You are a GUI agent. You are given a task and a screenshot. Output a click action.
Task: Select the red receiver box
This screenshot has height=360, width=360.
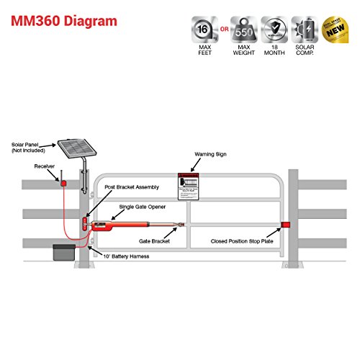pyautogui.click(x=63, y=184)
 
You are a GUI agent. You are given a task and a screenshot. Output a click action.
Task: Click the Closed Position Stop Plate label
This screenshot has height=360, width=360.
pyautogui.click(x=242, y=241)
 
